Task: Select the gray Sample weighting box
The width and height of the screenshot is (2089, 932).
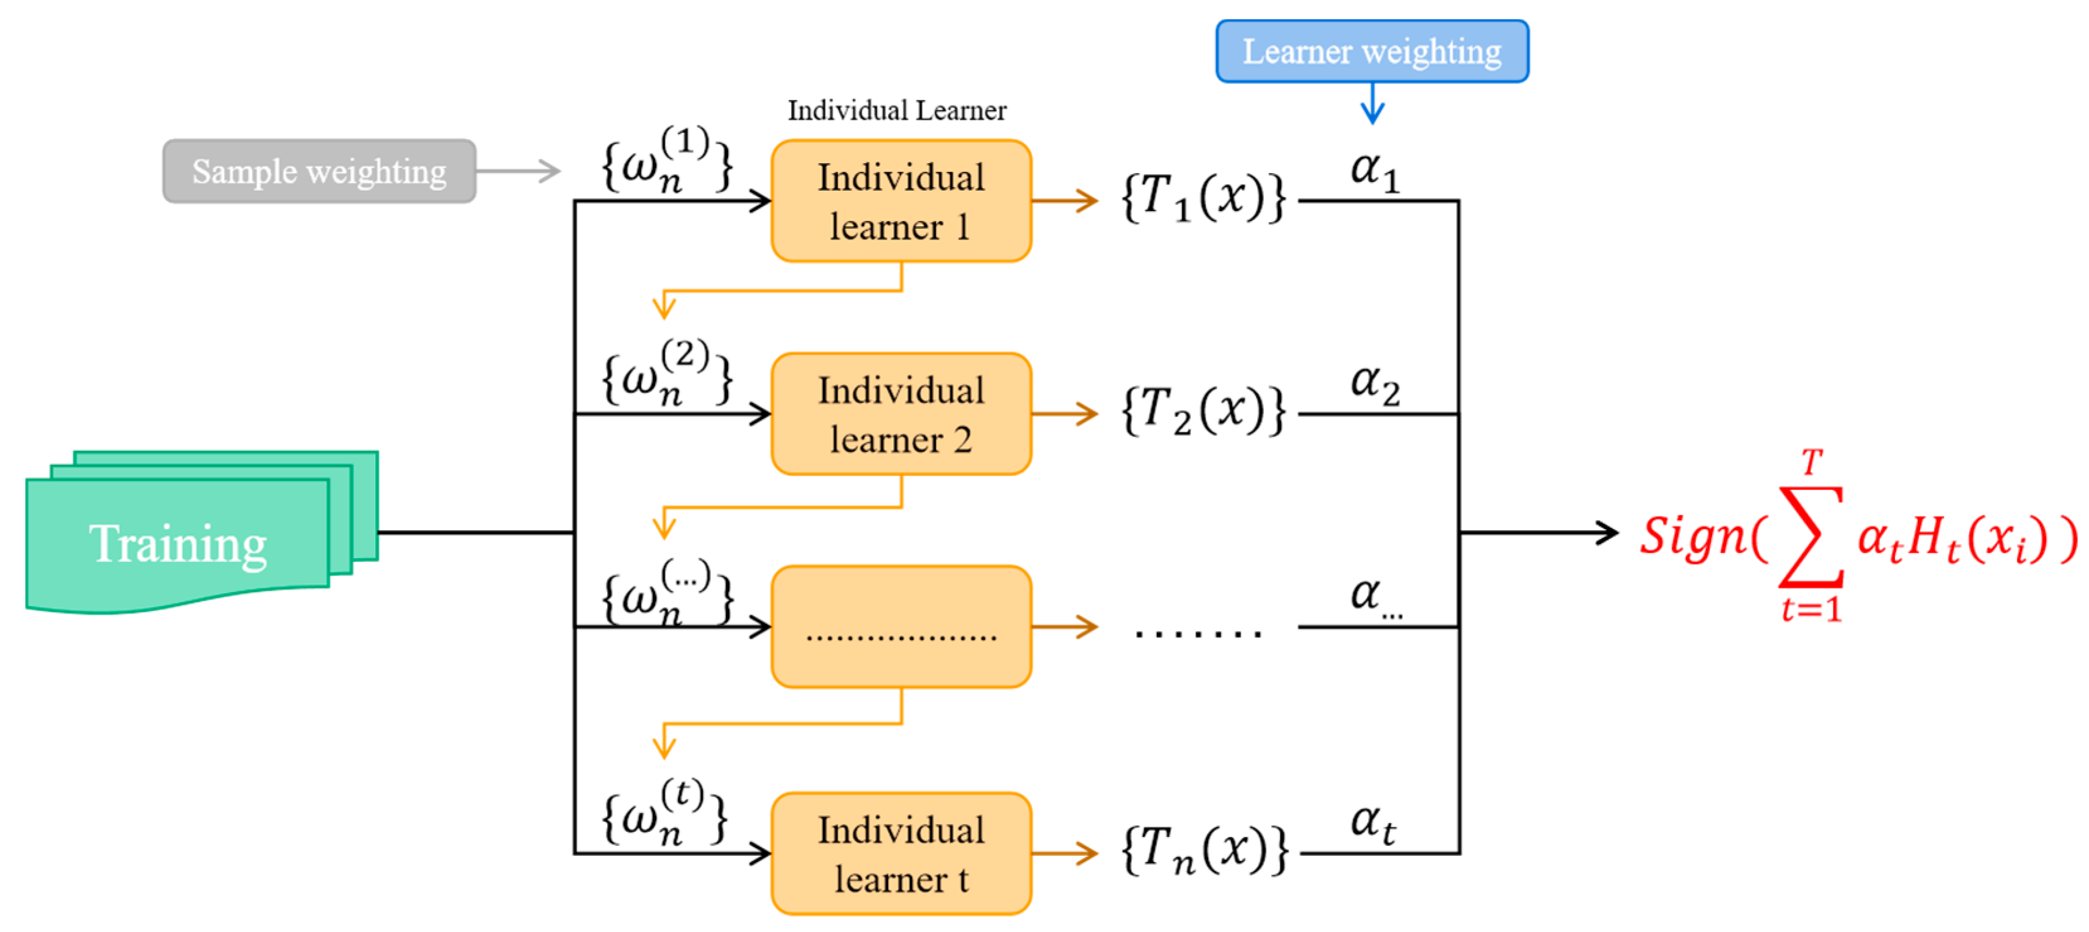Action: (319, 171)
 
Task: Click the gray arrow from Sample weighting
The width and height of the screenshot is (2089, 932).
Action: (519, 171)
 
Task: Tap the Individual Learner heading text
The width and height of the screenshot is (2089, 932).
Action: (896, 110)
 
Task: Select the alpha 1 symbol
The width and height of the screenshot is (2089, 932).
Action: (1374, 172)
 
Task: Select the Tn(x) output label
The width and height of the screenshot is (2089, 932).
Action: (1205, 850)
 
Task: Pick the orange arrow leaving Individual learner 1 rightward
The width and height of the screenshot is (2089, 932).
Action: (1064, 200)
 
